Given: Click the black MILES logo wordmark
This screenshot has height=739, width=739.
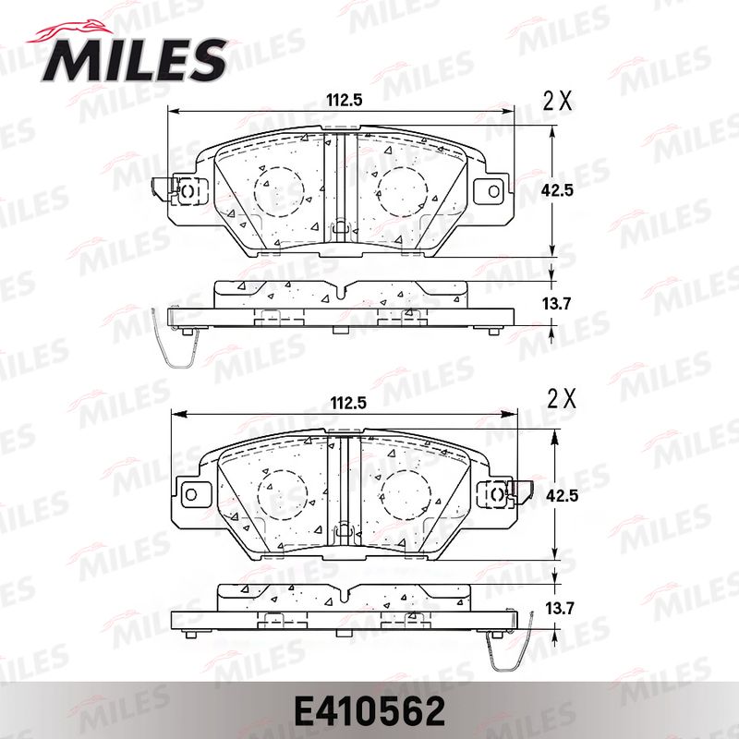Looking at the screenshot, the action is pos(135,61).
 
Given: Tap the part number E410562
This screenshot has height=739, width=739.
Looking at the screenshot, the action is pos(369,711).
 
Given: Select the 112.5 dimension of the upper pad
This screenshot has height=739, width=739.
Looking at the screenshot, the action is pos(345,100).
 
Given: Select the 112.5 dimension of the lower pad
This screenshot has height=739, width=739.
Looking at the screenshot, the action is pos(348,404).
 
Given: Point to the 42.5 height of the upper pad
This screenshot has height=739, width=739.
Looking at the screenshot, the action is pos(558,191).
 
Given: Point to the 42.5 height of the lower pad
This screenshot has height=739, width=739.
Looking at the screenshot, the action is pos(562,496).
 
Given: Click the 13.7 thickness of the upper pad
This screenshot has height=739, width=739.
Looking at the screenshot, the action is pos(557,304).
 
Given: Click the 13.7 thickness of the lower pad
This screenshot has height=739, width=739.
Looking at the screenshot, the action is pos(561,609).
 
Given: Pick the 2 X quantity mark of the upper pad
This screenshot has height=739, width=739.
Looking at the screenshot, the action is pos(558,101).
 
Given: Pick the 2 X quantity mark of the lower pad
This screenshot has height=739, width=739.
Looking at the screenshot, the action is pos(562,400).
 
